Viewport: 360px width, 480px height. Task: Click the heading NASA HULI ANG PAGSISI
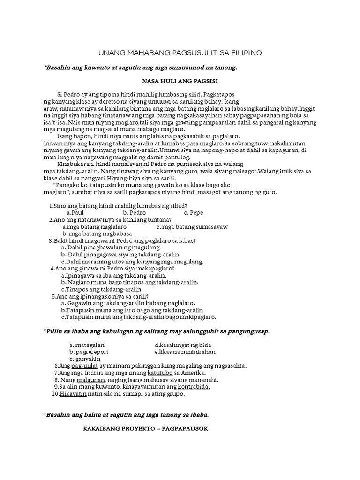(x=180, y=80)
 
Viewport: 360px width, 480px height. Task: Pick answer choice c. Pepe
(x=194, y=213)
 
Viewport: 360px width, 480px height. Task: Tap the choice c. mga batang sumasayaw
(x=192, y=227)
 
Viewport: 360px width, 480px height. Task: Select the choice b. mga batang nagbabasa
(x=97, y=233)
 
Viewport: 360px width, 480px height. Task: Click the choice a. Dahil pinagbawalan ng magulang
(x=110, y=247)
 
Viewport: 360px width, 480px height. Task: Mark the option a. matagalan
(x=86, y=345)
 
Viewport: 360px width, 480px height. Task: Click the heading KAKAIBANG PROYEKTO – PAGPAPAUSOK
(x=145, y=428)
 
